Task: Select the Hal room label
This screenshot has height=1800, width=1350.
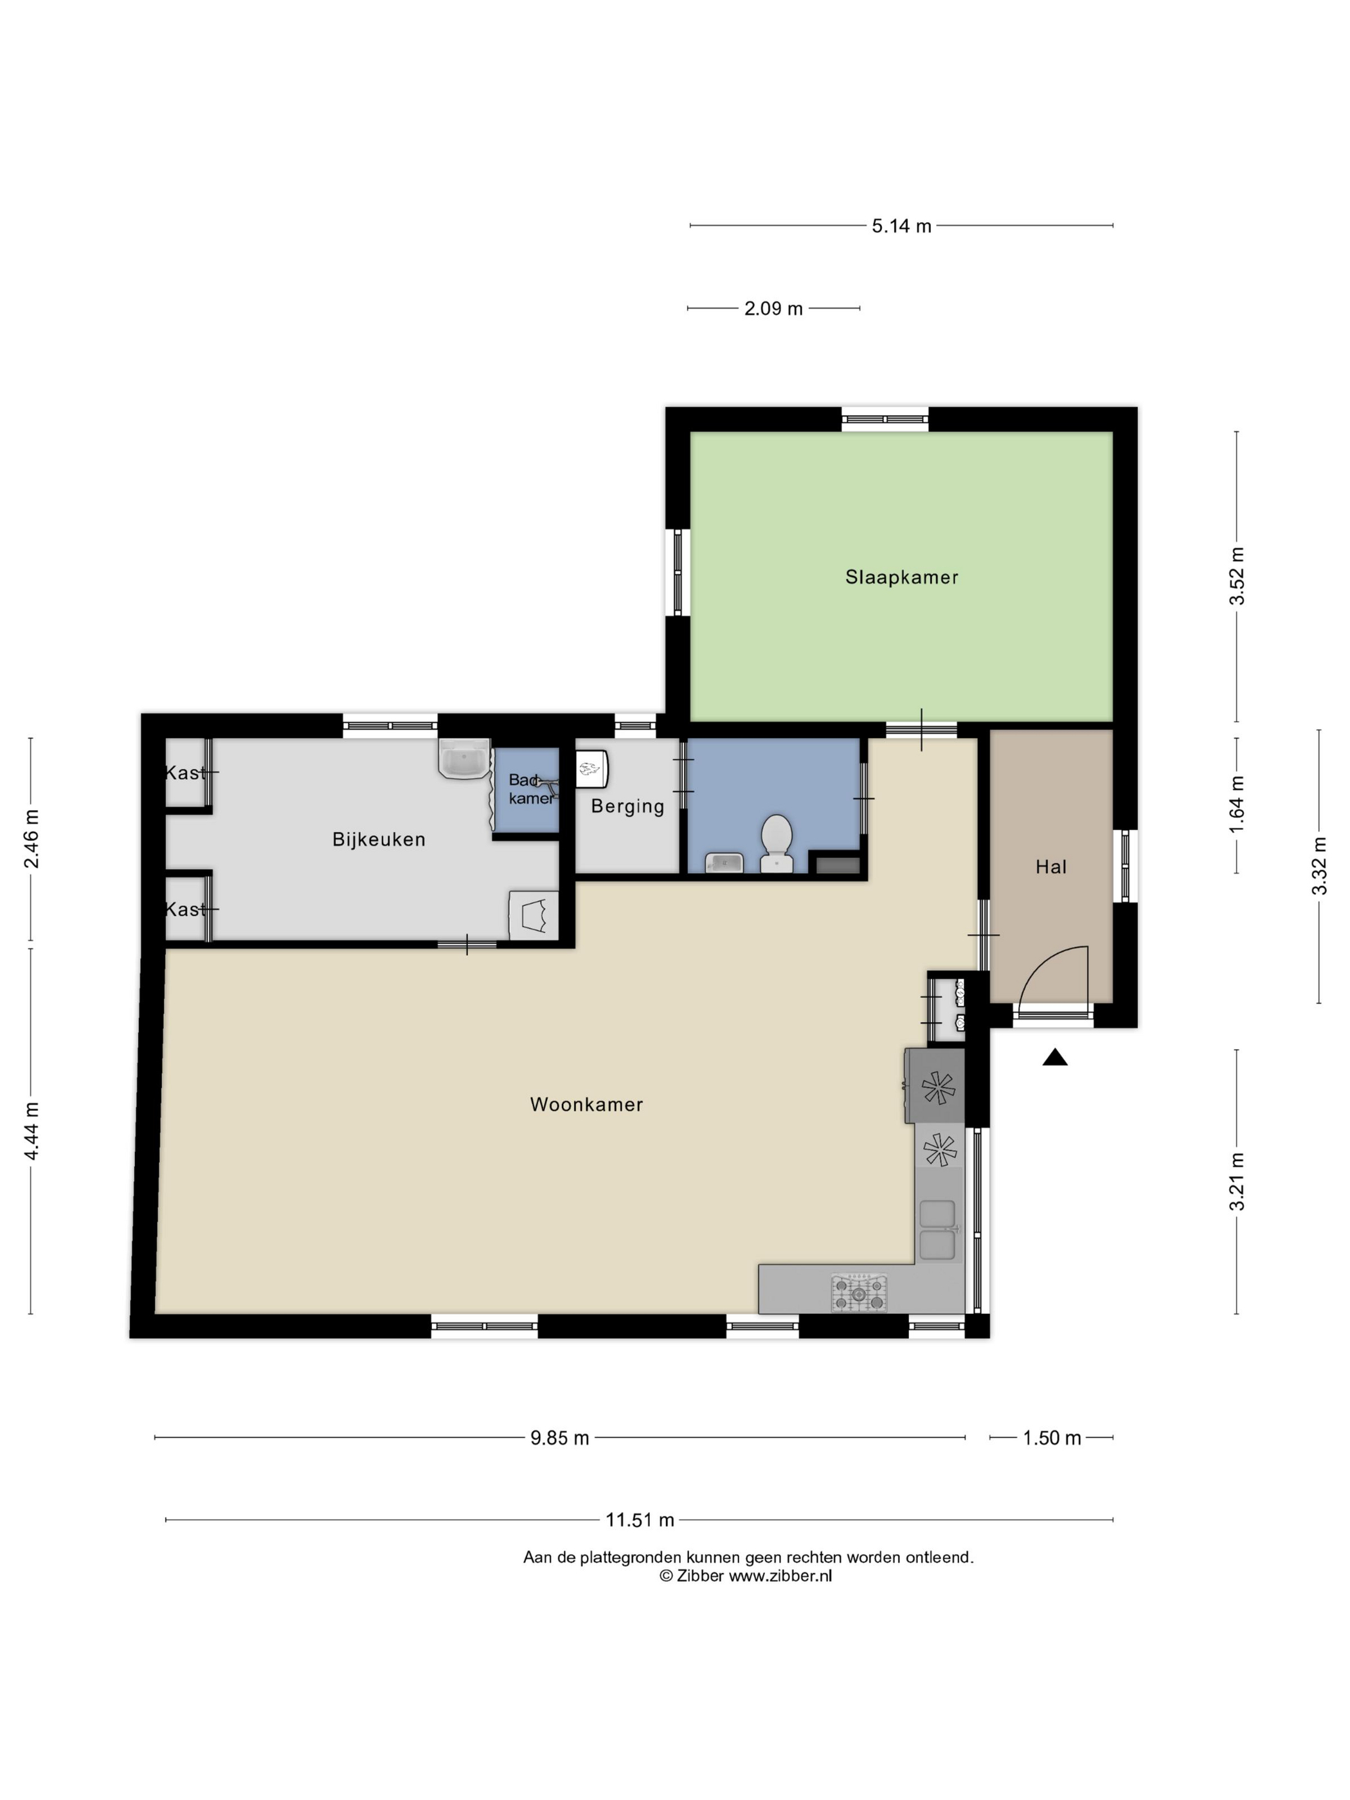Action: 1050,867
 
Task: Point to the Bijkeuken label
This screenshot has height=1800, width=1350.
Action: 379,840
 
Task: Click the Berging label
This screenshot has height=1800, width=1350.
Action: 627,806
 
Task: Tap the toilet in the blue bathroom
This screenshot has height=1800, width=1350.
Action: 777,844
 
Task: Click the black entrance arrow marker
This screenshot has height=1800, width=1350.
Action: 1055,1057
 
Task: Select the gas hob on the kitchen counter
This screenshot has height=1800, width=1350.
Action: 858,1292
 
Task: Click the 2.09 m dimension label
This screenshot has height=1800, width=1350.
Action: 773,309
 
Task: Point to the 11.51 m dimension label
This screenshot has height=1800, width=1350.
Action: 640,1519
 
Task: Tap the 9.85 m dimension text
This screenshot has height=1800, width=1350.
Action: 560,1438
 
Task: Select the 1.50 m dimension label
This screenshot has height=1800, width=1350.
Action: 1051,1438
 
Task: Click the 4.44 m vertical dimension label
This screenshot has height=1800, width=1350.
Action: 31,1131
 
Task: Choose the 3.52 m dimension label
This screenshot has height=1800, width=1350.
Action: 1237,575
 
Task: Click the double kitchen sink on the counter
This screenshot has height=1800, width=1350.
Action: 938,1230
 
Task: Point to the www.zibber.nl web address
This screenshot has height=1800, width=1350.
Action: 780,1576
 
